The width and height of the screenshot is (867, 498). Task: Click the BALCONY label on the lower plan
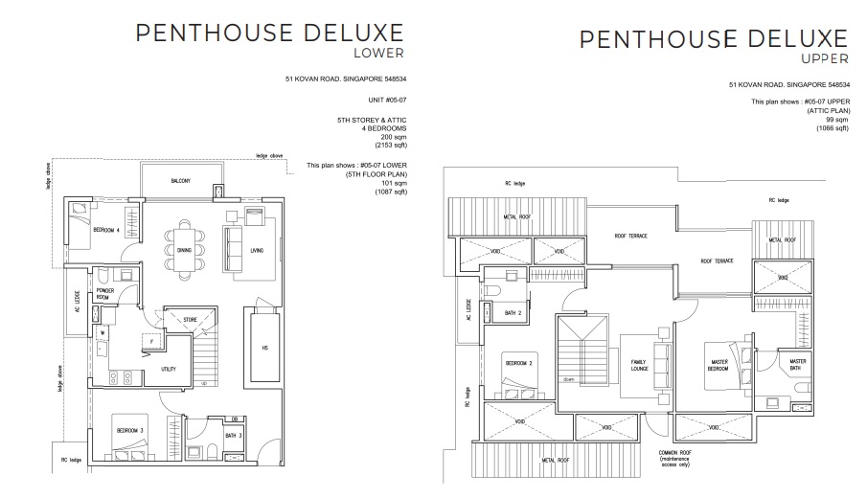pos(182,181)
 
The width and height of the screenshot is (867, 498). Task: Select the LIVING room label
pos(256,252)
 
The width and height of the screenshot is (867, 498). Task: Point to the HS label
pos(265,349)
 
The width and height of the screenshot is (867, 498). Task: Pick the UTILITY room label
pos(169,368)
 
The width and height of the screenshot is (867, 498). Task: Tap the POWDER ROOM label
pos(103,293)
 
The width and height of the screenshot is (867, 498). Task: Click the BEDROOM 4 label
pos(106,231)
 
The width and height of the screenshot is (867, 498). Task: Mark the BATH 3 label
pos(233,438)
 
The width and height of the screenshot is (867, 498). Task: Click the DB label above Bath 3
pos(234,419)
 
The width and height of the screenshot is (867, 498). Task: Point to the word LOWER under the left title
pos(379,53)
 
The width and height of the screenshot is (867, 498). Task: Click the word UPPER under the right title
pos(824,59)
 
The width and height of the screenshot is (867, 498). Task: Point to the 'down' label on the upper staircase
pos(569,379)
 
